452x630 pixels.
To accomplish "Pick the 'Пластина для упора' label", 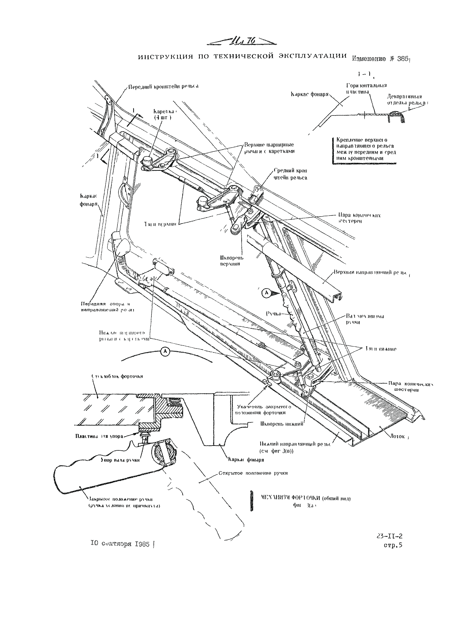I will click(x=99, y=436).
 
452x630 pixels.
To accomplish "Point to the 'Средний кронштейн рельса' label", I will click(x=290, y=174).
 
